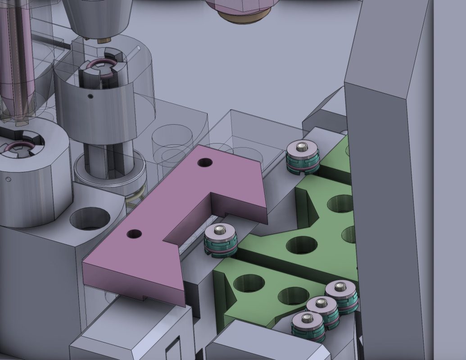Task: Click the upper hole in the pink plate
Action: pos(205,162)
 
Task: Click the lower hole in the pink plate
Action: pos(134,234)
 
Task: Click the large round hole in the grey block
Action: pos(90,218)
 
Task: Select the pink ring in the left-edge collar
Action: pos(19,146)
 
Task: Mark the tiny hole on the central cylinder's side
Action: pos(90,96)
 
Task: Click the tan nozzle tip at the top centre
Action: pos(241,18)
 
